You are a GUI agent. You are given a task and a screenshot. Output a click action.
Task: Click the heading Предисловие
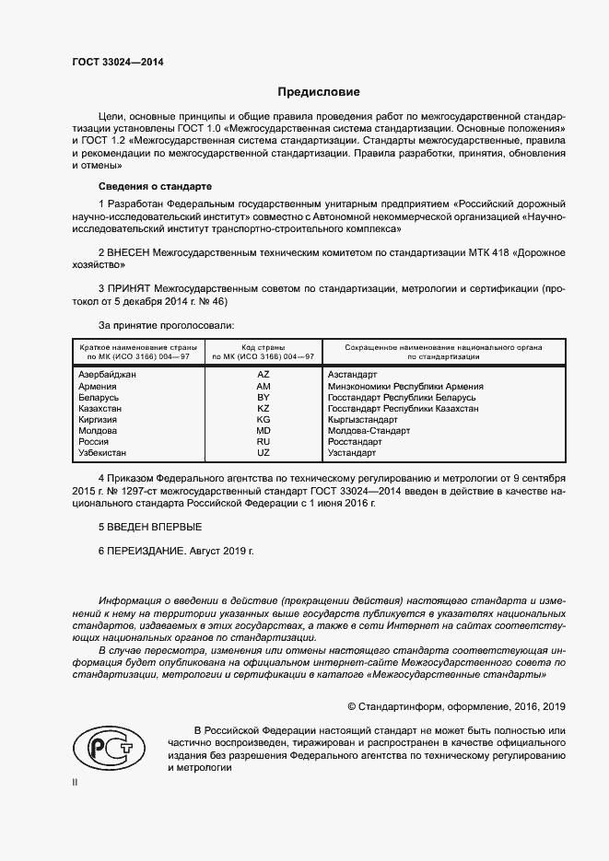[319, 92]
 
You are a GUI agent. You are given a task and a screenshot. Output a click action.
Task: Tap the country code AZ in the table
[264, 375]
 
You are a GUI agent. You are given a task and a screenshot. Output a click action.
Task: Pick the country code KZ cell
[264, 408]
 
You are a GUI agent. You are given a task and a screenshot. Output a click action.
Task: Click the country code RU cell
[264, 442]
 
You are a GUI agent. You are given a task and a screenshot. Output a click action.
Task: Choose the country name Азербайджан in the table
[109, 375]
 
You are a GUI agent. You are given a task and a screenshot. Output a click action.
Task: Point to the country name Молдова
[99, 431]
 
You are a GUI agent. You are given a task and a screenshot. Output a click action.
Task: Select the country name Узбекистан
[103, 453]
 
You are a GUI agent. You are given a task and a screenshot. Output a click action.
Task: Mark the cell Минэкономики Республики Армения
[405, 387]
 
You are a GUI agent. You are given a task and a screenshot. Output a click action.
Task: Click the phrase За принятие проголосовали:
[166, 325]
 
